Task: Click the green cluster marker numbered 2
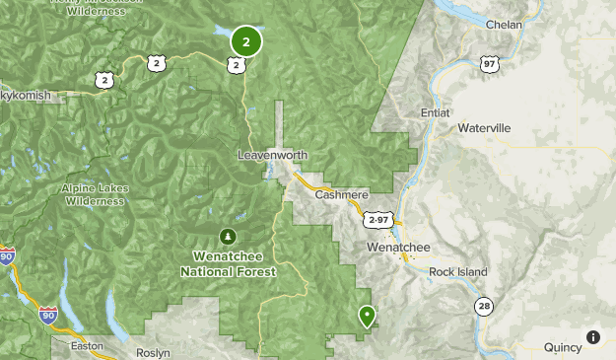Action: coord(246,41)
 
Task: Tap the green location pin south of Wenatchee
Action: coord(368,316)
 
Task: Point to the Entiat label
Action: coord(435,112)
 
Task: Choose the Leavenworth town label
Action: coord(273,155)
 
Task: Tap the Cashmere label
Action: coord(341,195)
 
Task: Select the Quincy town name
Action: coord(563,346)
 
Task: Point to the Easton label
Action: coord(88,346)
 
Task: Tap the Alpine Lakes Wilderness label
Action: coord(95,194)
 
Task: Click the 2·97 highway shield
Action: coord(376,219)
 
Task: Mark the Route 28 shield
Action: coord(483,307)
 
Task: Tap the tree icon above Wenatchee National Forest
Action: coord(229,236)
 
